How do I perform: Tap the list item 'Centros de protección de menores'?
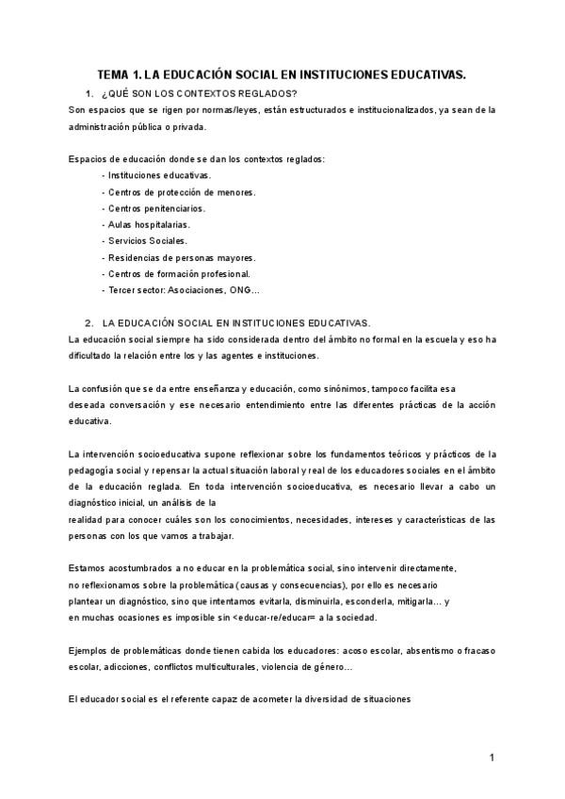point(181,192)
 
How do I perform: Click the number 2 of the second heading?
point(88,322)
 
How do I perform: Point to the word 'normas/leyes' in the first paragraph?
point(192,109)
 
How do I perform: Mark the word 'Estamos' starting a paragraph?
point(88,568)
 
